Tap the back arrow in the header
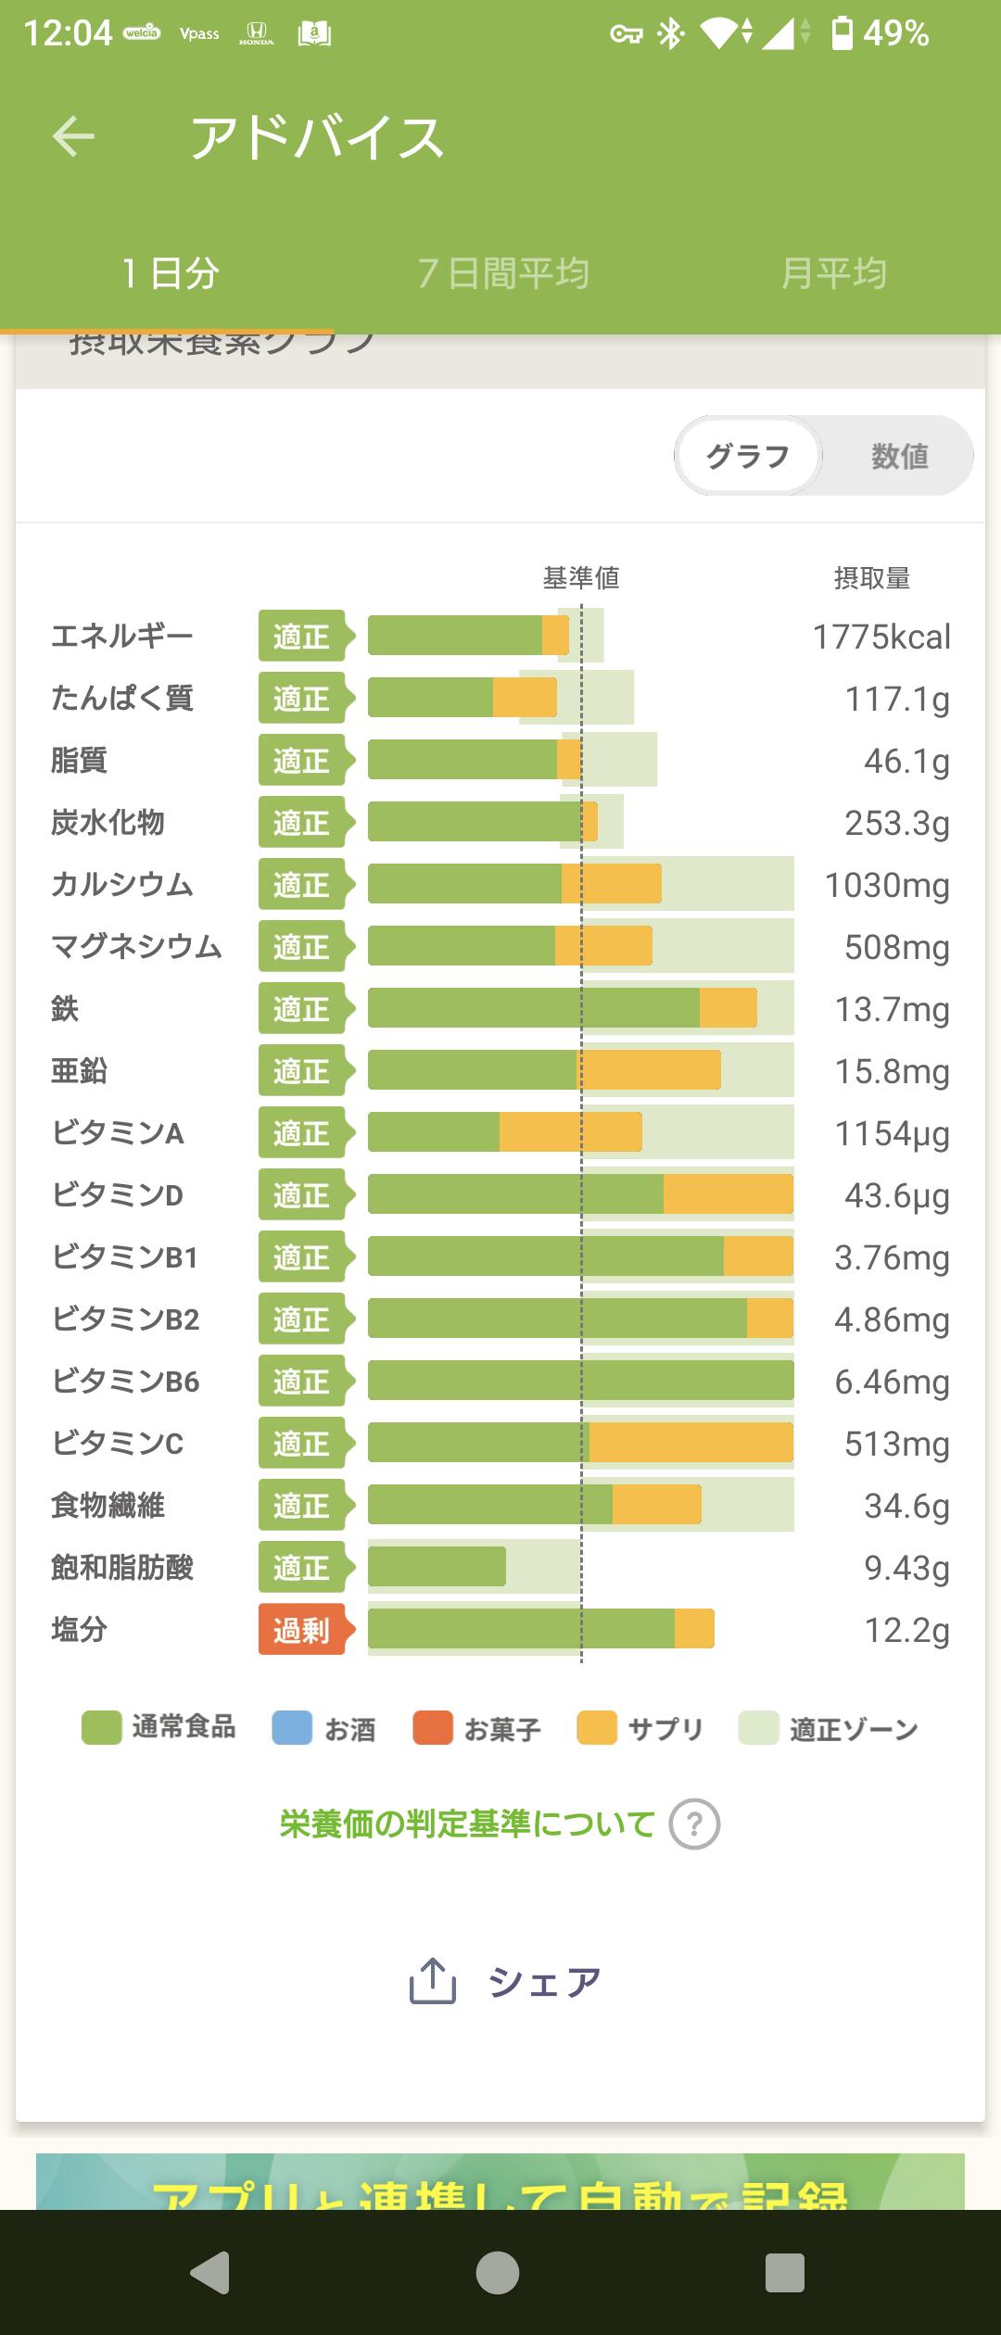73,137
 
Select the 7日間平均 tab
503,273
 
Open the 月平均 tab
834,273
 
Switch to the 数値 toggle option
899,456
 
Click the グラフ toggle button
748,456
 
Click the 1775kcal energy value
881,637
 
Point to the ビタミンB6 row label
126,1382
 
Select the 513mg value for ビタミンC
896,1444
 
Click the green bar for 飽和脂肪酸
437,1567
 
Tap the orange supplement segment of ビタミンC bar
691,1443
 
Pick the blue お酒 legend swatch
292,1729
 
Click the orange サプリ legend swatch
597,1729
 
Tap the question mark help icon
694,1824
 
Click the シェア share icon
433,1982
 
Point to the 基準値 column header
581,578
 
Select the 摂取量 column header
871,578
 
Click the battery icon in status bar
842,33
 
